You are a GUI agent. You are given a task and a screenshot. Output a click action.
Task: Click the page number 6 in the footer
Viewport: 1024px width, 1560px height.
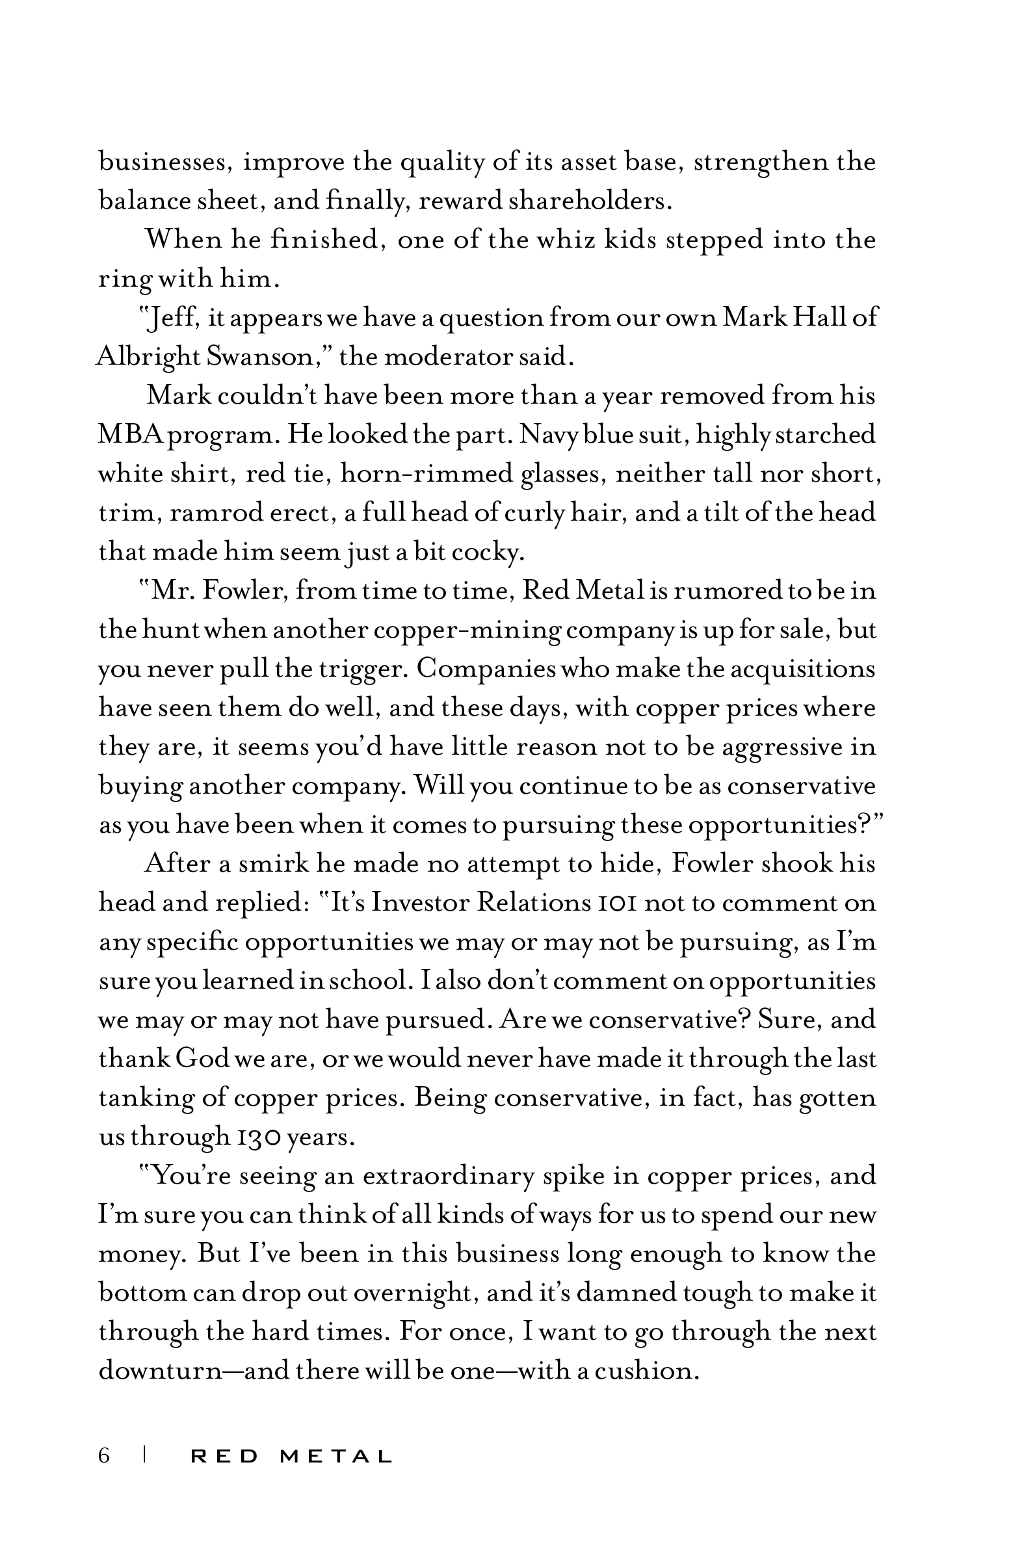click(104, 1456)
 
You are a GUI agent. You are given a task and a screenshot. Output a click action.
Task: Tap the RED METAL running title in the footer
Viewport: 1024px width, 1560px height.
click(291, 1457)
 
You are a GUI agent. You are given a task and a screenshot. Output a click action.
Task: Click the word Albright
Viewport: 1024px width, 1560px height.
click(148, 357)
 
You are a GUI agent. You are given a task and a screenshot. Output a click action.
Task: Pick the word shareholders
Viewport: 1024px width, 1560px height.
click(590, 201)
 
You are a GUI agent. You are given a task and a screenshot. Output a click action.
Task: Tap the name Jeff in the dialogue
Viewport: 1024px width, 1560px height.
click(172, 318)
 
